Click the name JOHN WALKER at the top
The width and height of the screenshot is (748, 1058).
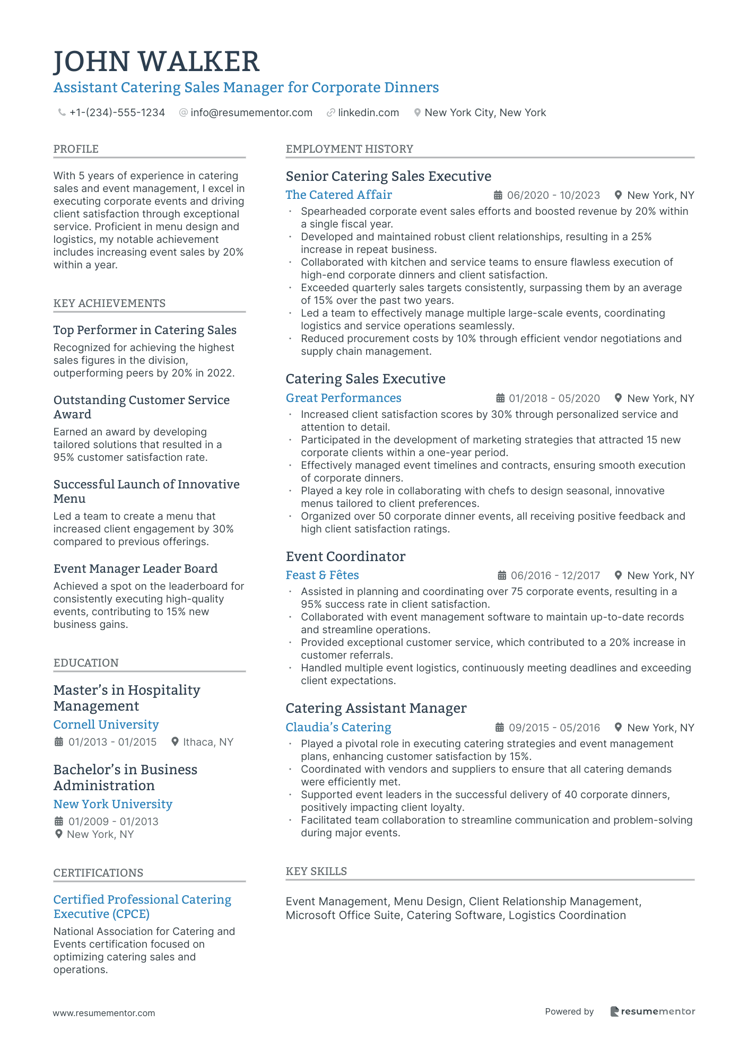click(x=156, y=62)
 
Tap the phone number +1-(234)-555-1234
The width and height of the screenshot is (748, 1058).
click(x=117, y=113)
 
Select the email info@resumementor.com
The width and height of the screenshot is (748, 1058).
click(x=251, y=113)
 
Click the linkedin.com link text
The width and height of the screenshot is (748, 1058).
click(x=368, y=113)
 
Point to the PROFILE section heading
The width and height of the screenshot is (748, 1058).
click(x=76, y=149)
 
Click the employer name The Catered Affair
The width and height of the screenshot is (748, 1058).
click(x=338, y=195)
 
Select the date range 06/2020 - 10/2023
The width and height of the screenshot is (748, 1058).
click(x=553, y=196)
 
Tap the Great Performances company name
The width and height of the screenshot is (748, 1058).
click(x=343, y=398)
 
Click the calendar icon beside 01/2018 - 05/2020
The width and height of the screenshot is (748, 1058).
click(x=500, y=398)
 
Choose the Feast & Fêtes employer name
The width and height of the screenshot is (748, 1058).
click(x=322, y=575)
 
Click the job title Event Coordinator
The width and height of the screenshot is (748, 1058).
click(x=345, y=556)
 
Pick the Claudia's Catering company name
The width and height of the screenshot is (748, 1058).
click(x=338, y=728)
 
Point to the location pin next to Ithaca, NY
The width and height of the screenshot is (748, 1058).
click(x=175, y=742)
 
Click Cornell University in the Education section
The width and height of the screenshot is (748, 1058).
click(x=106, y=725)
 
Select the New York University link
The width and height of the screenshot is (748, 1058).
click(x=112, y=805)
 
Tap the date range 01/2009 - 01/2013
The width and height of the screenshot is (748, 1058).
click(x=113, y=821)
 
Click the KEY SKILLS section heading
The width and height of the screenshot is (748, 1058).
click(x=316, y=871)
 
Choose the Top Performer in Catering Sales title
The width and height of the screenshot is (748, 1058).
click(x=145, y=330)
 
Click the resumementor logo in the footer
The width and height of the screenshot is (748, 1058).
click(x=653, y=1011)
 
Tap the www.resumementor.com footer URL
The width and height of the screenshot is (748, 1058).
click(x=104, y=1013)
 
